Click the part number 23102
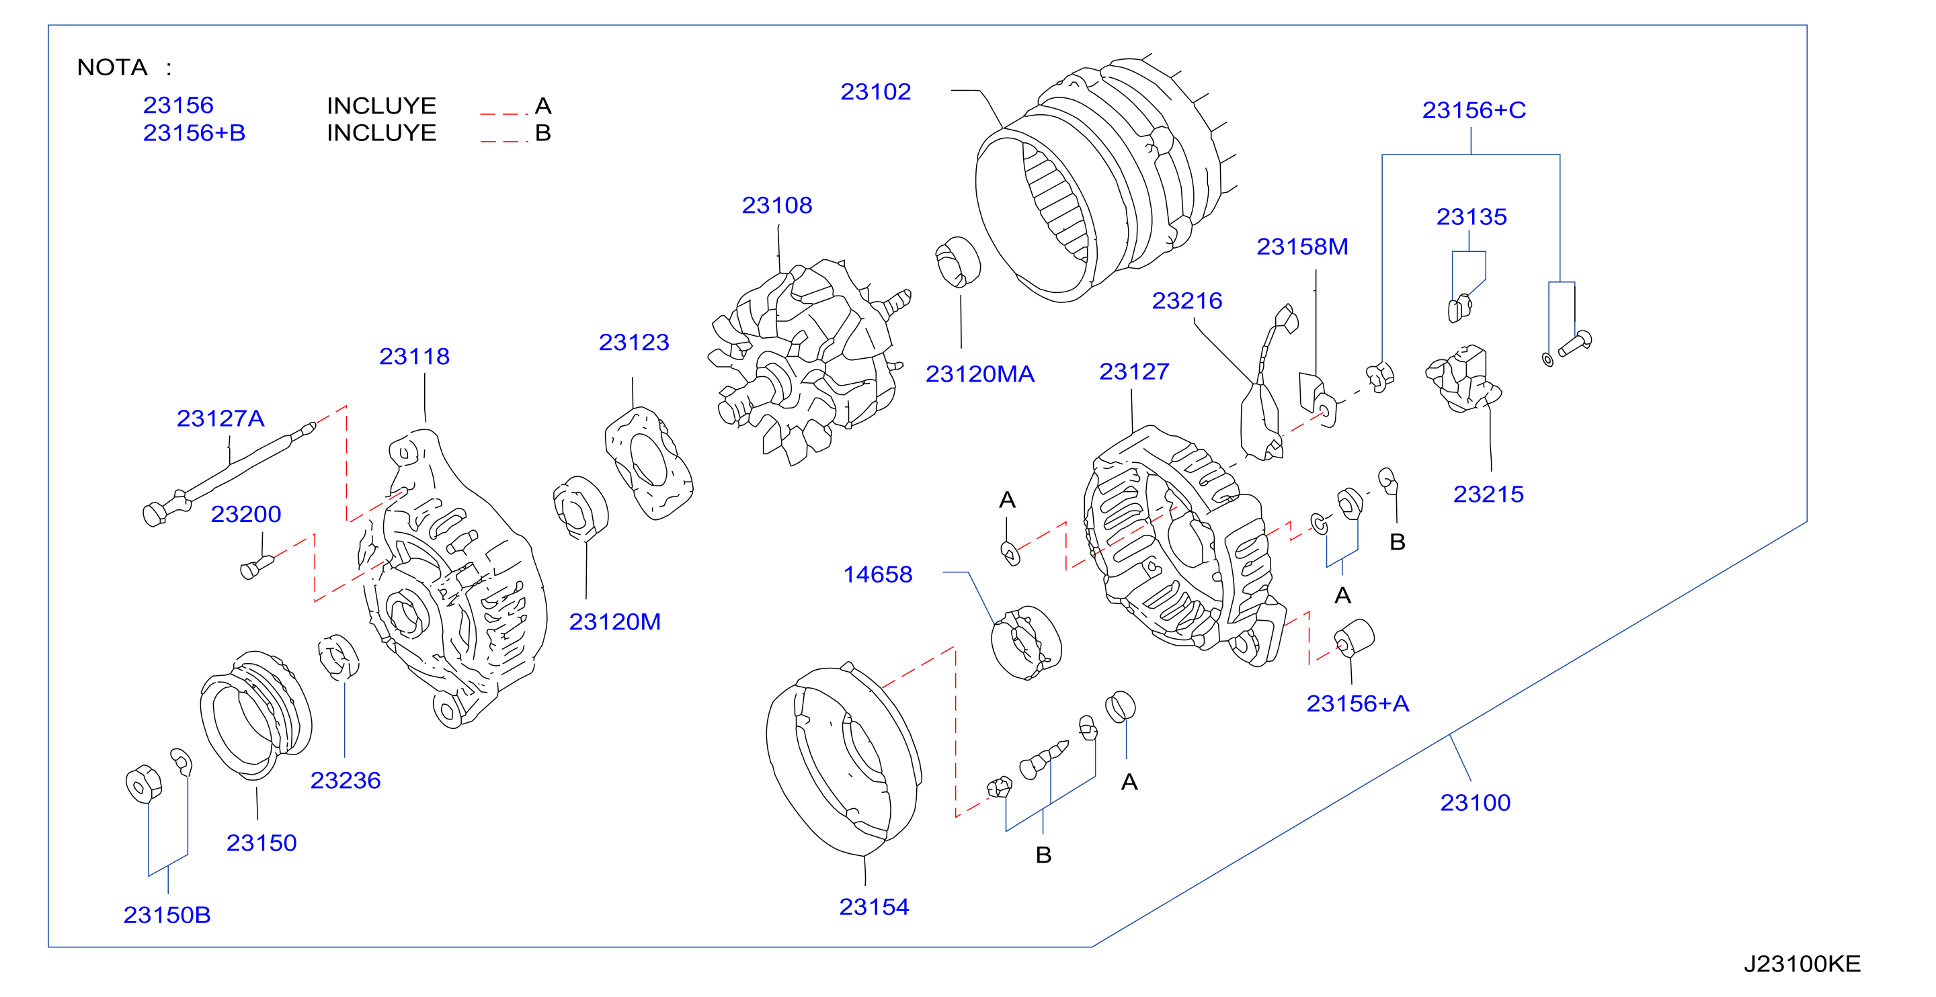pyautogui.click(x=875, y=91)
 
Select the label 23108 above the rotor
pyautogui.click(x=777, y=205)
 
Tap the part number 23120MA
pyautogui.click(x=979, y=374)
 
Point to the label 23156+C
pyautogui.click(x=1473, y=110)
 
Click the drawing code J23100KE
pyautogui.click(x=1802, y=963)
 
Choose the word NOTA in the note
pyautogui.click(x=112, y=68)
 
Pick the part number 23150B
pyautogui.click(x=167, y=914)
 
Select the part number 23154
pyautogui.click(x=873, y=907)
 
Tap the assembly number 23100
pyautogui.click(x=1475, y=802)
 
